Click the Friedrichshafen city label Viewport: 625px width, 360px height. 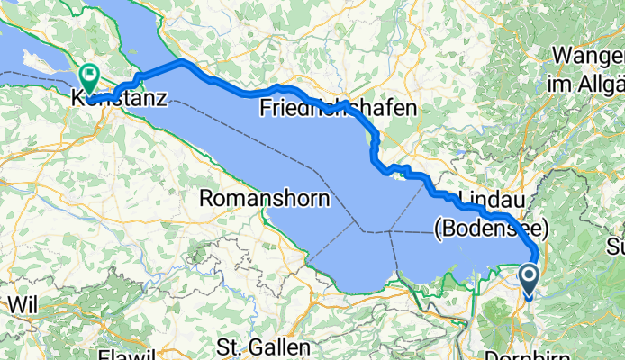[339, 108]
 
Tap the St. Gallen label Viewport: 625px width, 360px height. [264, 346]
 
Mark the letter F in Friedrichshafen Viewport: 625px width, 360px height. [266, 108]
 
